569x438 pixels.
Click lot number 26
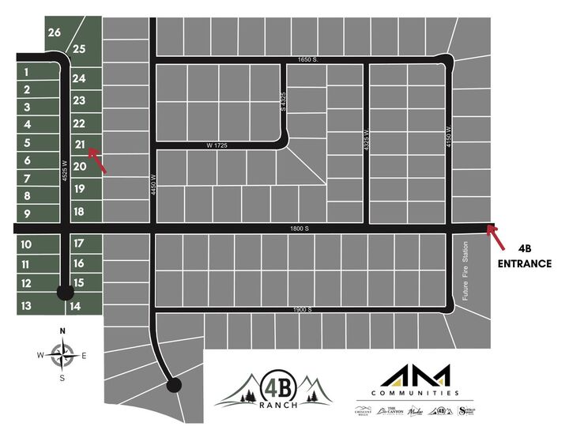click(x=54, y=32)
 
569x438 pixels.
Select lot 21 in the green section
click(x=79, y=144)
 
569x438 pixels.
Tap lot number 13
click(x=26, y=305)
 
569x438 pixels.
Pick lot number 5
click(x=27, y=143)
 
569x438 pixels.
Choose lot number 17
click(x=78, y=243)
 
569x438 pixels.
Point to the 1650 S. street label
click(x=302, y=60)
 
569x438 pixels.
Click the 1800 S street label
click(x=297, y=228)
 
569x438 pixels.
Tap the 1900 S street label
click(x=303, y=309)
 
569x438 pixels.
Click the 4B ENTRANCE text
click(x=525, y=255)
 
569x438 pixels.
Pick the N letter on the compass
click(x=62, y=332)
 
